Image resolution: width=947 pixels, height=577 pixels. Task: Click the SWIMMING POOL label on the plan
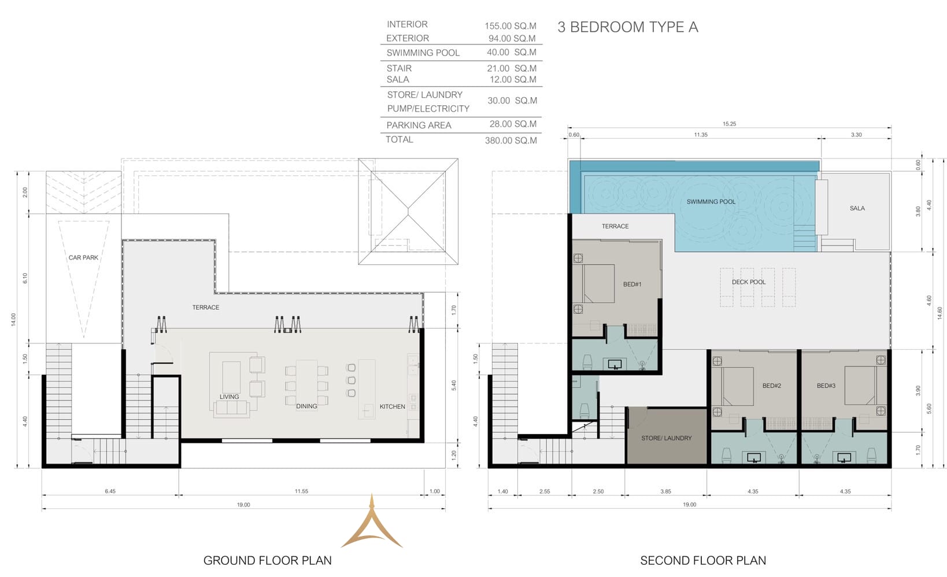pos(711,202)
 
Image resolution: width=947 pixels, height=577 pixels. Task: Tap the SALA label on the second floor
pos(857,208)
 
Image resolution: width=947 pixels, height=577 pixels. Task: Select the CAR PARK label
pos(83,257)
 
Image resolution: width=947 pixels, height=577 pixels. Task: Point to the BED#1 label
pos(632,284)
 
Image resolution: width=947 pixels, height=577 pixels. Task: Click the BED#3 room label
pos(826,386)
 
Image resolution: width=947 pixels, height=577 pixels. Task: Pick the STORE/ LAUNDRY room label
pos(666,438)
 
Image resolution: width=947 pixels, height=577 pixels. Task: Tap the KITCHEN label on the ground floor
pos(392,406)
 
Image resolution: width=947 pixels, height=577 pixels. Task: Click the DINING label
pos(306,406)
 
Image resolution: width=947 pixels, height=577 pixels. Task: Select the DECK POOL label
pos(748,282)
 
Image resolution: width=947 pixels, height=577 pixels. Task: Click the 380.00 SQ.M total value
pos(511,140)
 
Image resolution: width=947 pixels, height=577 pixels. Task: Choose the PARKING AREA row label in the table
pos(419,125)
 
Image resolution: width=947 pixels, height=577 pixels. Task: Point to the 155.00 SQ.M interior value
pos(511,26)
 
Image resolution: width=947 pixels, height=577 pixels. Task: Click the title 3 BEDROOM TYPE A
pos(627,27)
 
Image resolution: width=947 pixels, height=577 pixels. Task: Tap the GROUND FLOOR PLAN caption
pos(267,560)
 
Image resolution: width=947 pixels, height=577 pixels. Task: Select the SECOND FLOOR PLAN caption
pos(703,560)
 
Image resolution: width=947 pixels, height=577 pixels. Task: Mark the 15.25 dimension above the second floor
pos(729,124)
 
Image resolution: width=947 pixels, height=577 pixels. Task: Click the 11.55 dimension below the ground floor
pos(301,491)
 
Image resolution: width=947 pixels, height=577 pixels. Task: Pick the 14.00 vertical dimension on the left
pos(13,320)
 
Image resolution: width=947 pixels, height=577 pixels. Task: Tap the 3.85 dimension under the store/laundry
pos(665,491)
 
